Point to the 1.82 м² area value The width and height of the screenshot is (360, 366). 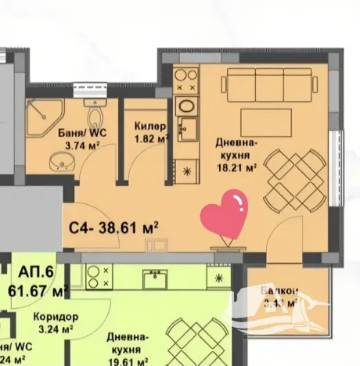point(151,139)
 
